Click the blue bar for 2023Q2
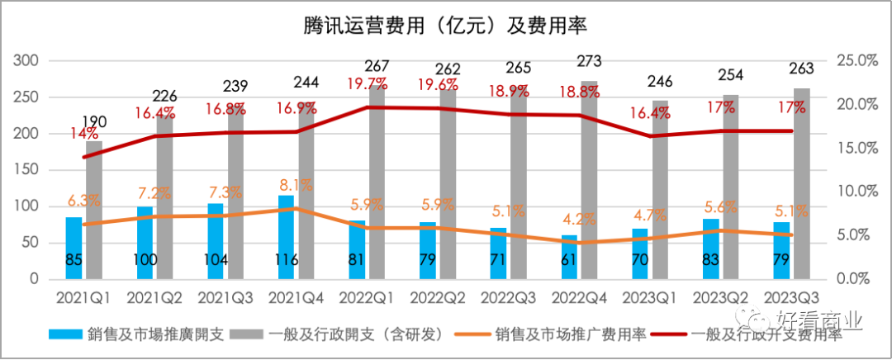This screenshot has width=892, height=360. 710,249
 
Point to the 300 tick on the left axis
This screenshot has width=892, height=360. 28,61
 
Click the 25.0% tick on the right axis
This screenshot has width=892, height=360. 855,61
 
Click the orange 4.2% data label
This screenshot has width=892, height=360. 579,220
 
